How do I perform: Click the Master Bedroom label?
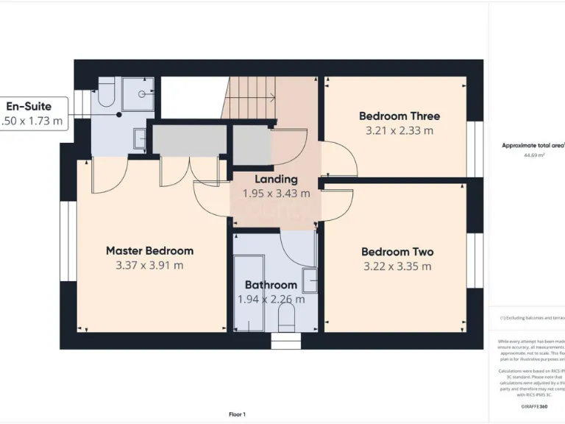tap(149, 251)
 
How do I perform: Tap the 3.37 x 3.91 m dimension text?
tap(149, 266)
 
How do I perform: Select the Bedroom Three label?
tap(399, 116)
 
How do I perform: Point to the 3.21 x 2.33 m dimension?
tap(399, 131)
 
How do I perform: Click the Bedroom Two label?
tap(397, 252)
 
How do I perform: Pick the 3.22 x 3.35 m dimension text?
tap(397, 266)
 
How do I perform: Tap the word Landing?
tap(276, 179)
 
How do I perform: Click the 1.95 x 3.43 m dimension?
tap(276, 194)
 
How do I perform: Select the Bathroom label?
tap(271, 285)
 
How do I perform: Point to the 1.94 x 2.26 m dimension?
tap(271, 300)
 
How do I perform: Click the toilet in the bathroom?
tap(287, 317)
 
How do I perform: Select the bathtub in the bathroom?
tap(246, 291)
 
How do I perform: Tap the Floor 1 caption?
tap(237, 414)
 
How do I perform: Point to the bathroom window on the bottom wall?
tap(286, 342)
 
